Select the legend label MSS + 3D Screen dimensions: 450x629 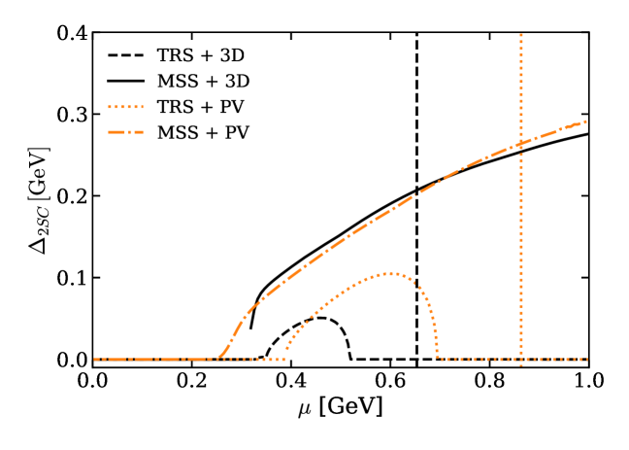click(x=202, y=82)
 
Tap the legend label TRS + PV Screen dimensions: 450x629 click(x=200, y=108)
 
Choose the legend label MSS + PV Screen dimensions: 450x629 click(x=202, y=133)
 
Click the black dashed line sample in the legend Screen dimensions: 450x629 click(x=125, y=56)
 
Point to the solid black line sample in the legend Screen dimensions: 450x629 click(x=125, y=82)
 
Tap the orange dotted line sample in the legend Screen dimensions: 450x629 click(x=125, y=108)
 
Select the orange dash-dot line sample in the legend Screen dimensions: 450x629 click(x=125, y=133)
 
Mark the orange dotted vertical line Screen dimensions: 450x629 click(x=521, y=243)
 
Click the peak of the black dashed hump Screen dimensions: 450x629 click(x=318, y=318)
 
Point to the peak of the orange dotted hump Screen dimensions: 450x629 click(x=390, y=273)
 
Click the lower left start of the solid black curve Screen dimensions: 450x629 click(x=251, y=328)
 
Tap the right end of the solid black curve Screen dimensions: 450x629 click(x=586, y=133)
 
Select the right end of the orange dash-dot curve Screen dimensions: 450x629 click(x=586, y=121)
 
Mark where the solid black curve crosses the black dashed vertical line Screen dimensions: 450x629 click(x=416, y=190)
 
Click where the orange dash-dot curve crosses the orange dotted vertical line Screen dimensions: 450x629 click(x=521, y=144)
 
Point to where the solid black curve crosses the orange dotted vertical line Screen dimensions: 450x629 click(x=521, y=152)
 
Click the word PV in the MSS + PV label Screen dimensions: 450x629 click(x=235, y=133)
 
